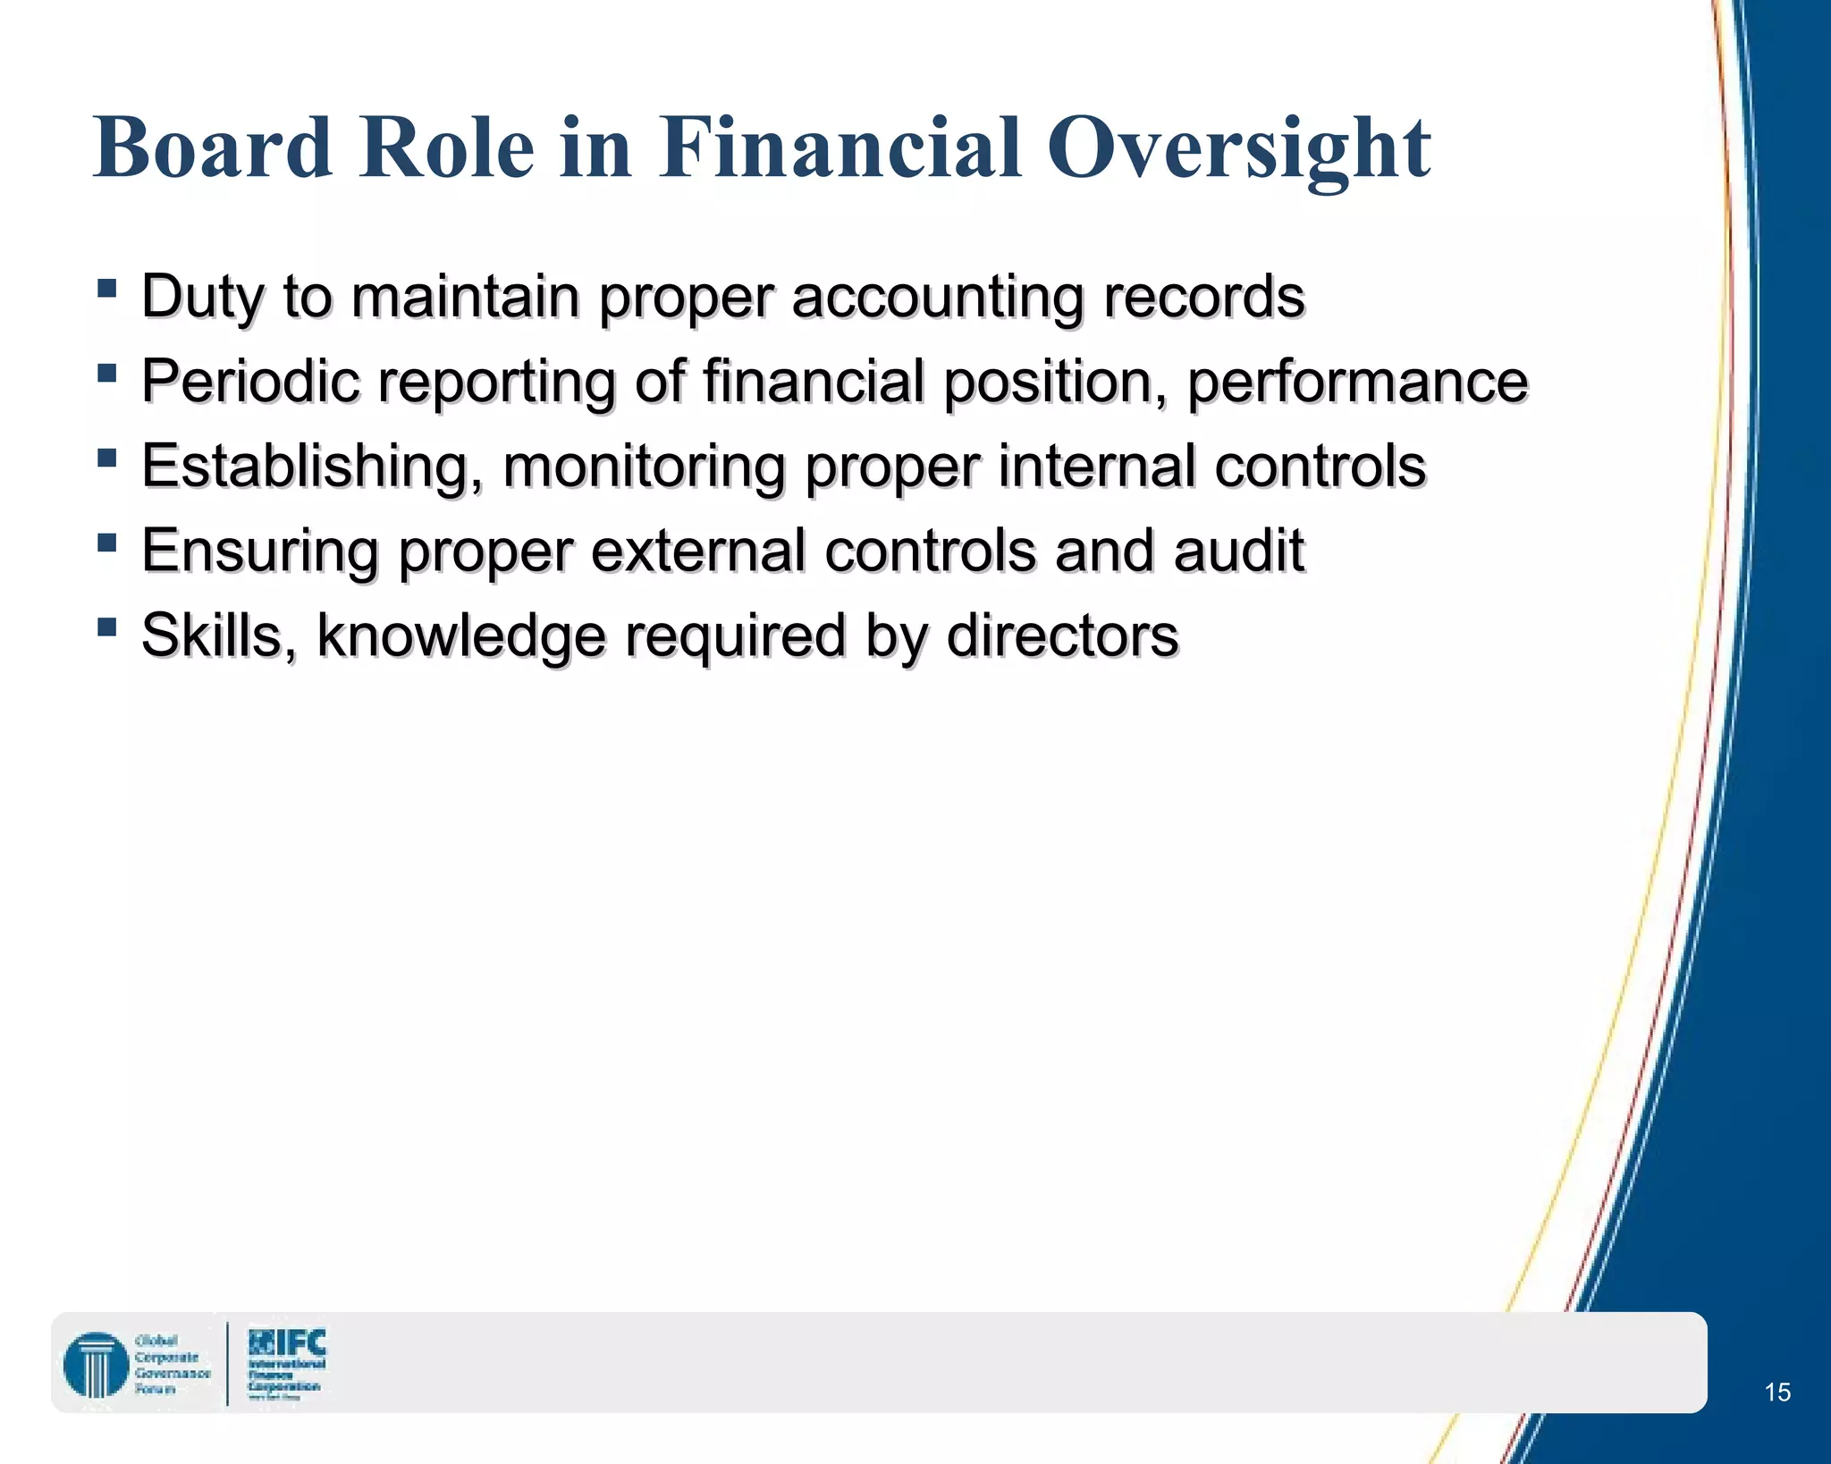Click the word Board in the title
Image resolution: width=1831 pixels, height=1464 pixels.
point(213,147)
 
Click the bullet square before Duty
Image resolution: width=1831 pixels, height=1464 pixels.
point(107,288)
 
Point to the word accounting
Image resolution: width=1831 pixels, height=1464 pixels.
point(937,297)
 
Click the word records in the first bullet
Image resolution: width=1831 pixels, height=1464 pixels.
point(1203,297)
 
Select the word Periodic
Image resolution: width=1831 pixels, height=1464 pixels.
point(250,382)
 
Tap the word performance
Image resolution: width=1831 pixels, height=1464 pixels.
point(1357,382)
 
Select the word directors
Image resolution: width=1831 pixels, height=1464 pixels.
point(1062,635)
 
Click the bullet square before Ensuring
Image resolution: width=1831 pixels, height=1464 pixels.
point(107,543)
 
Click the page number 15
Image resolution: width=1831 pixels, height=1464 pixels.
point(1776,1392)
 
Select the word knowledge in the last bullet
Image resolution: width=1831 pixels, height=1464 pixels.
point(461,635)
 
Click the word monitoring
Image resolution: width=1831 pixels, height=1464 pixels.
point(644,467)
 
